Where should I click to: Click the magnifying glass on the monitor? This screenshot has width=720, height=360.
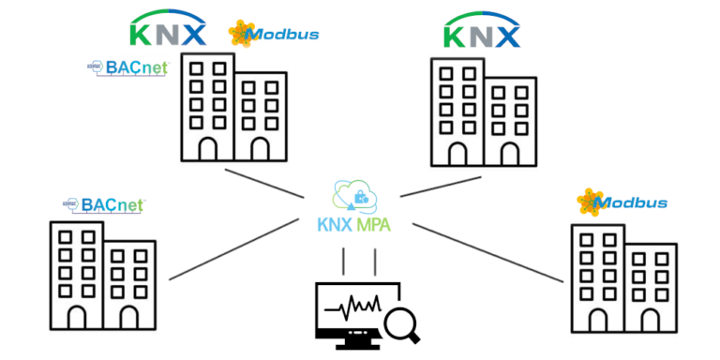(x=402, y=322)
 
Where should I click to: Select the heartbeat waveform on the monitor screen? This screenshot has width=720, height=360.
(x=354, y=307)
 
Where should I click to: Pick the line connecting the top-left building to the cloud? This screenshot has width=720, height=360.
(x=267, y=185)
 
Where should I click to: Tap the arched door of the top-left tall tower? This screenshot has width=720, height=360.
(x=207, y=149)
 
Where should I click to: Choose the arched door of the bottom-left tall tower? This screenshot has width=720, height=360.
(x=76, y=316)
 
